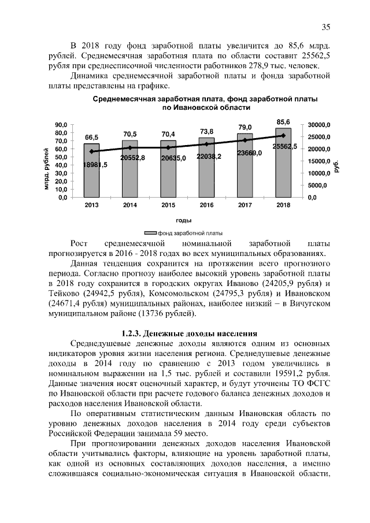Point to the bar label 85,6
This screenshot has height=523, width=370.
click(x=283, y=122)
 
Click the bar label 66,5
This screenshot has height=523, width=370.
click(x=91, y=138)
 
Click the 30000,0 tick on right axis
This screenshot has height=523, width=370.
click(x=318, y=125)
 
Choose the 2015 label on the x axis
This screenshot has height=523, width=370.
click(x=168, y=205)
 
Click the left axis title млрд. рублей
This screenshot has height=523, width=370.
click(x=46, y=169)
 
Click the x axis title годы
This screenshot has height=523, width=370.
click(x=184, y=220)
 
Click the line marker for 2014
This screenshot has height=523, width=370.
click(x=129, y=147)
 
